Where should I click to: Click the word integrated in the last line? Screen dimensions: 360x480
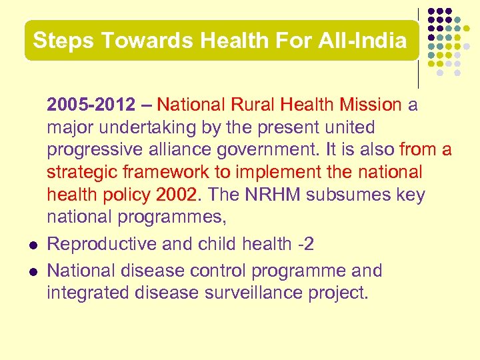click(x=89, y=292)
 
